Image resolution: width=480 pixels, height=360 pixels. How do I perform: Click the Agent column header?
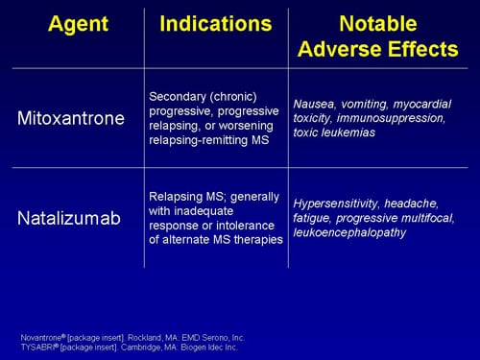(70, 22)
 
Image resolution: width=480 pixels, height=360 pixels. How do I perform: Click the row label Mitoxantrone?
(70, 119)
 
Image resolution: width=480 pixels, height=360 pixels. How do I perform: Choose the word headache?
(414, 203)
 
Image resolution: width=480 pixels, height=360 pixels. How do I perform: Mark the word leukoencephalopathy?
(349, 232)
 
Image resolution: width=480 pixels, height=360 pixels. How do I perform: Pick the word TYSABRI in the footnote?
(37, 348)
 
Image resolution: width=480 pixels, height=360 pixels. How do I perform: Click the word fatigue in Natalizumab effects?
(313, 218)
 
